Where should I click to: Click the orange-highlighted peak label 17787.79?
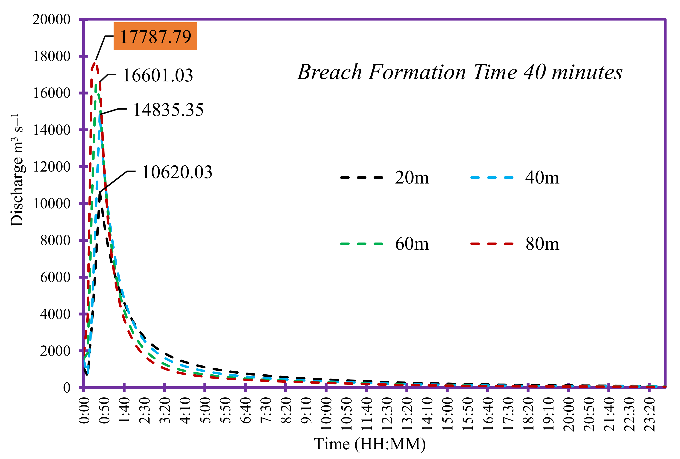155,37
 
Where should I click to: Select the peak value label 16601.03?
158,75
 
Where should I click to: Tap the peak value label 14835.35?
168,110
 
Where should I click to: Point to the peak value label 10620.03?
177,172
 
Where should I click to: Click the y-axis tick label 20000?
52,20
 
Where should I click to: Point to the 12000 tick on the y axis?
52,167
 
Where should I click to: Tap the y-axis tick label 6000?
55,277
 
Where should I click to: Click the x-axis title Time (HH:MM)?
369,444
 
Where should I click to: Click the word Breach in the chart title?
330,72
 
